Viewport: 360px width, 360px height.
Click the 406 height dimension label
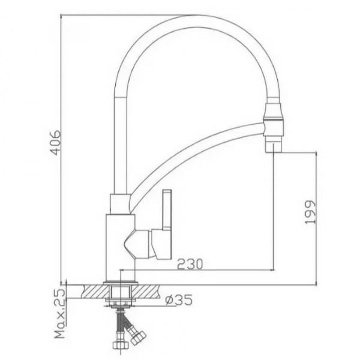pyautogui.click(x=56, y=143)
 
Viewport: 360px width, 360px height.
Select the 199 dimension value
pyautogui.click(x=310, y=212)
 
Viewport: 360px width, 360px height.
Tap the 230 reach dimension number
pyautogui.click(x=190, y=264)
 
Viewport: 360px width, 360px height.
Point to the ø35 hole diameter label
pyautogui.click(x=179, y=301)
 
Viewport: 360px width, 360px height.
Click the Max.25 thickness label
pyautogui.click(x=59, y=314)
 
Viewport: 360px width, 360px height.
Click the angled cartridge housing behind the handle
pyautogui.click(x=137, y=244)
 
